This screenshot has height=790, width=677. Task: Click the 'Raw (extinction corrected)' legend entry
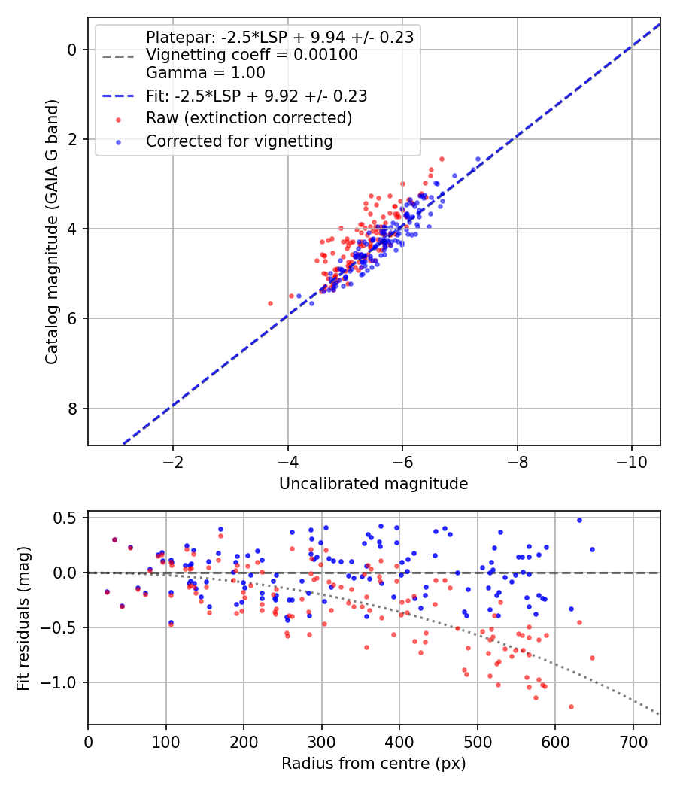249,118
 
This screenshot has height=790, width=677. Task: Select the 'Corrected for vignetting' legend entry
239,141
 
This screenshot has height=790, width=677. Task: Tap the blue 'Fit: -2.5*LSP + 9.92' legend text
257,96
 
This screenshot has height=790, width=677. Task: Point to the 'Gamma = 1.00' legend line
205,73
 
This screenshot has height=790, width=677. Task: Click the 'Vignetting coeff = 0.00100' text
252,55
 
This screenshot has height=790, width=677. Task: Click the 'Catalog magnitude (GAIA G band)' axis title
51,232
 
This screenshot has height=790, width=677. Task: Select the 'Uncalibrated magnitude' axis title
373,484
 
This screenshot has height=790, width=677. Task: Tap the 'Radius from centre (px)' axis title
373,764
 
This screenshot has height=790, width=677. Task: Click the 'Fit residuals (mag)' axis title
23,618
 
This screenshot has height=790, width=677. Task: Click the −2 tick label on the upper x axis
173,462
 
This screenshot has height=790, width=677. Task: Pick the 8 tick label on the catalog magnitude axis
72,409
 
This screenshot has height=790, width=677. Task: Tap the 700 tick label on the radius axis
633,742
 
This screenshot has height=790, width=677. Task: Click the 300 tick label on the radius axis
321,742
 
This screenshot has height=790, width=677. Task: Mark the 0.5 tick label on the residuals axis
65,518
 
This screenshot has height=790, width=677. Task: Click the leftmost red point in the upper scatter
271,304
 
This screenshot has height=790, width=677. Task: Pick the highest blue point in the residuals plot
579,521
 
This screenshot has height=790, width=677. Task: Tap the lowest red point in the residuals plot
571,707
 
